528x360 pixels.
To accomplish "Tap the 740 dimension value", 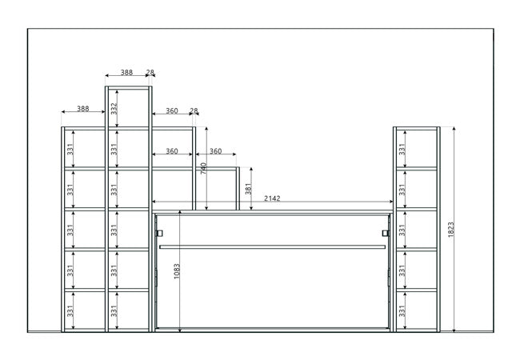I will click(x=204, y=169).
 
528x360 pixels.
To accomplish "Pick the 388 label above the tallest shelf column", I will click(x=127, y=73).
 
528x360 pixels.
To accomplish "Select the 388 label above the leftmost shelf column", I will click(x=83, y=108).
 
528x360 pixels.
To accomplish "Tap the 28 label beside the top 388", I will click(x=150, y=73).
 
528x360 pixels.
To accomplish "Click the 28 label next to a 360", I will click(x=194, y=110).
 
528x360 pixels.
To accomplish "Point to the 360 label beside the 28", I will click(x=171, y=110).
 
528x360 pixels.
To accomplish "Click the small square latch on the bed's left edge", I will click(x=160, y=233).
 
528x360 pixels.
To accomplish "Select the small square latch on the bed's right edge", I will click(x=386, y=233).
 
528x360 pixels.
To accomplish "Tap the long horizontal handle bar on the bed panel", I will click(x=272, y=246).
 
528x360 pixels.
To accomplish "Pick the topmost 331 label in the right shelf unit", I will click(x=402, y=148).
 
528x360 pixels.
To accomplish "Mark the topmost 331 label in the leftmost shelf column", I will click(x=70, y=148).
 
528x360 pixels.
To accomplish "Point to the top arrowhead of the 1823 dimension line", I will click(x=454, y=128).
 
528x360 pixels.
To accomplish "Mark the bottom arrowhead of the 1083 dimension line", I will click(x=181, y=328).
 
